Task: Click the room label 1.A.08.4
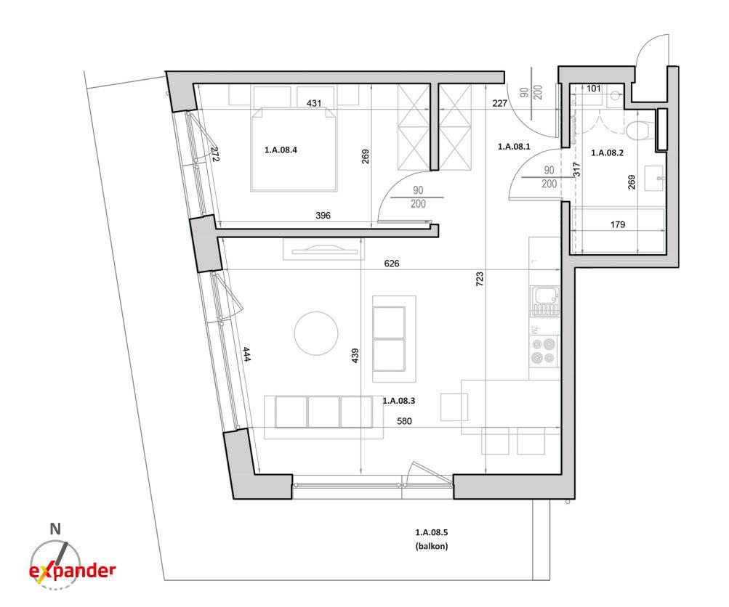click(281, 150)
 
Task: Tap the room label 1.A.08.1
click(514, 147)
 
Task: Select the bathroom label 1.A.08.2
click(607, 152)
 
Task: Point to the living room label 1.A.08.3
click(399, 400)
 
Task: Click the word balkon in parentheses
click(432, 546)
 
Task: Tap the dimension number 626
click(392, 264)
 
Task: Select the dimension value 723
click(480, 278)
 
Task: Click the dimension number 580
click(404, 421)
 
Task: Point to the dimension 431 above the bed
click(314, 103)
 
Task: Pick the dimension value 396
click(323, 216)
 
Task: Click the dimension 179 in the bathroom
click(617, 225)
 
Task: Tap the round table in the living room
click(316, 333)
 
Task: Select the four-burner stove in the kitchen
click(544, 351)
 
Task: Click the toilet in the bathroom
click(640, 129)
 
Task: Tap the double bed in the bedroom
click(294, 149)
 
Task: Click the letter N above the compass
click(55, 529)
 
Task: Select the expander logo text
click(73, 571)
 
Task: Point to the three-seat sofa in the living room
click(323, 412)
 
